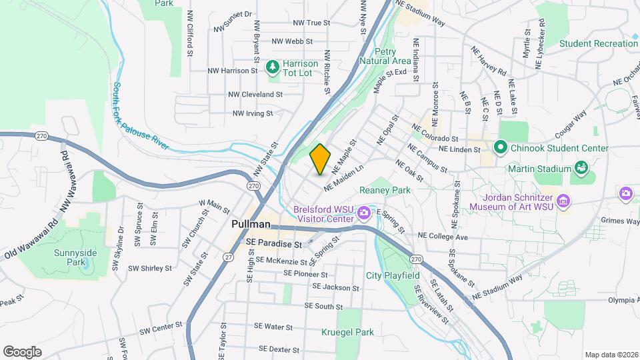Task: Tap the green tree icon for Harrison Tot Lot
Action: pos(272,67)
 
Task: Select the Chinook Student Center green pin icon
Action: pos(499,147)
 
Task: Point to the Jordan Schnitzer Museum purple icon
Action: pos(564,201)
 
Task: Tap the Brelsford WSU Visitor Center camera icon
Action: pos(364,213)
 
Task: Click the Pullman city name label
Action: pos(251,225)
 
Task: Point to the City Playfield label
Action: pos(393,275)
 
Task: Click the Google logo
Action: pos(22,351)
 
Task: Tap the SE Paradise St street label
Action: pos(274,245)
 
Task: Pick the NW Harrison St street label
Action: pos(233,70)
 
